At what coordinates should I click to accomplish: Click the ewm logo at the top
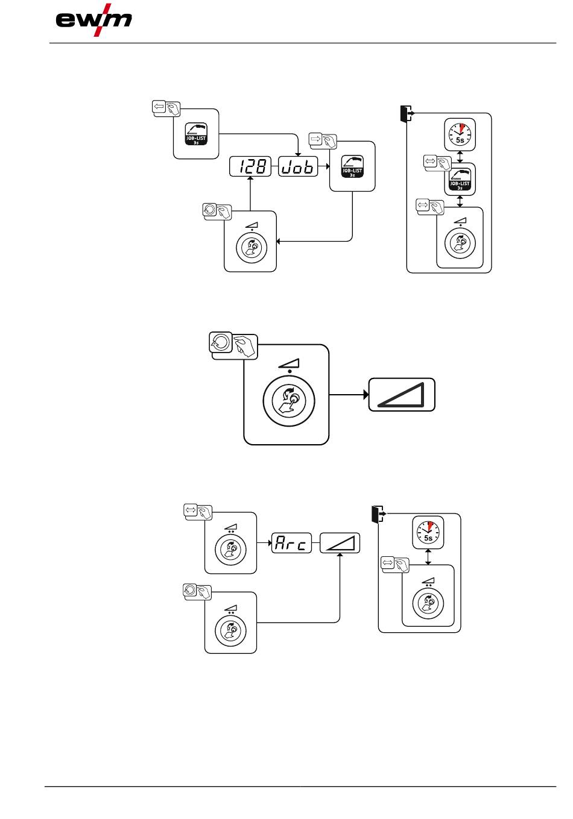[94, 20]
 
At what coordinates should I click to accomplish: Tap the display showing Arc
[291, 543]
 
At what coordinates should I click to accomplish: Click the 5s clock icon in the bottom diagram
[428, 532]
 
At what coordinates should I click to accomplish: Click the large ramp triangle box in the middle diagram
[402, 395]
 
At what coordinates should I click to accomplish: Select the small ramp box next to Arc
[339, 543]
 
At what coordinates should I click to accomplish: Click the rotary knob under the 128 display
[250, 247]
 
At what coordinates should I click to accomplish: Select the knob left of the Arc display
[230, 548]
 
